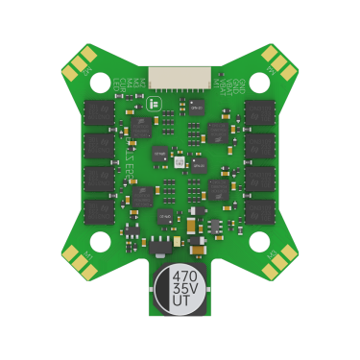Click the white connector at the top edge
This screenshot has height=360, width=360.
[x=180, y=74]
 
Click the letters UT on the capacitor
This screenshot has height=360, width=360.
[x=181, y=301]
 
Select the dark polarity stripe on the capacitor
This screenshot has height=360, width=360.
[x=181, y=312]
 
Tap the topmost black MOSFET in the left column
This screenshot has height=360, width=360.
[x=100, y=113]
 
